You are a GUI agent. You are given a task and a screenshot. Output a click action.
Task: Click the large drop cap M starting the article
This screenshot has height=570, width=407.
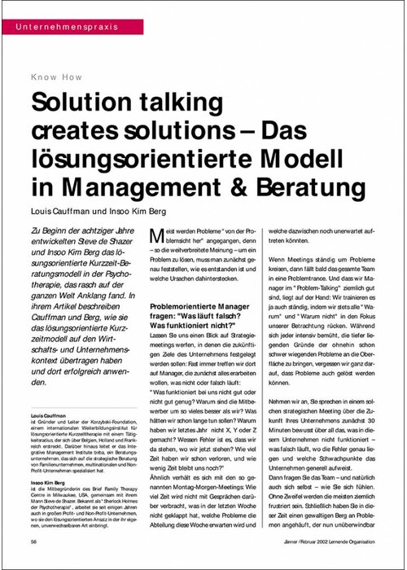(160, 237)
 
